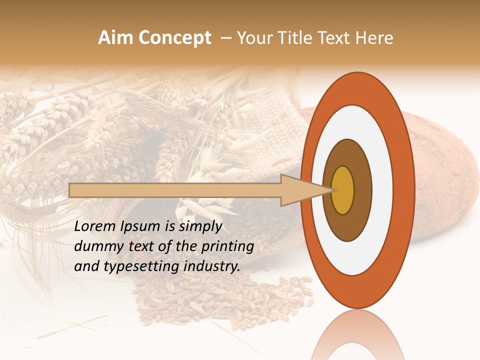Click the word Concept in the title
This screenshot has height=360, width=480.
click(x=174, y=38)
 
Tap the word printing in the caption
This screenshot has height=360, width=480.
click(x=227, y=246)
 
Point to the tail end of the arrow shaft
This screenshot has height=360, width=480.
click(x=72, y=190)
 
